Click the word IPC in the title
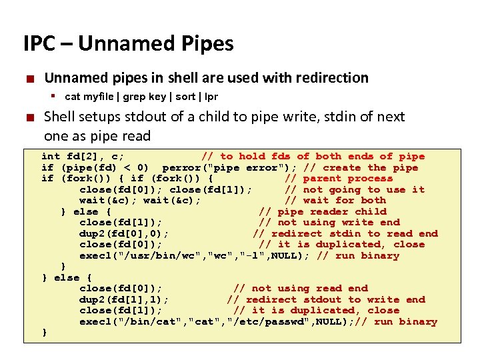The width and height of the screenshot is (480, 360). [38, 44]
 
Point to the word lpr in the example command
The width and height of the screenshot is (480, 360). [211, 97]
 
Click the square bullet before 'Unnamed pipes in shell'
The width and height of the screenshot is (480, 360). [29, 79]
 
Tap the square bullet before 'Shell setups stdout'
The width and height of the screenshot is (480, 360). [29, 117]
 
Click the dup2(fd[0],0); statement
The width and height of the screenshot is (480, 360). [123, 233]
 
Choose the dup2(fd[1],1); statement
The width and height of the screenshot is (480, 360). [123, 299]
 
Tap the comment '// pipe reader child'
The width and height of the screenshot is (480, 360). [322, 211]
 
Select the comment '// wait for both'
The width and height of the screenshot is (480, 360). [335, 200]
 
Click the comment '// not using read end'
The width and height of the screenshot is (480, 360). [301, 288]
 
